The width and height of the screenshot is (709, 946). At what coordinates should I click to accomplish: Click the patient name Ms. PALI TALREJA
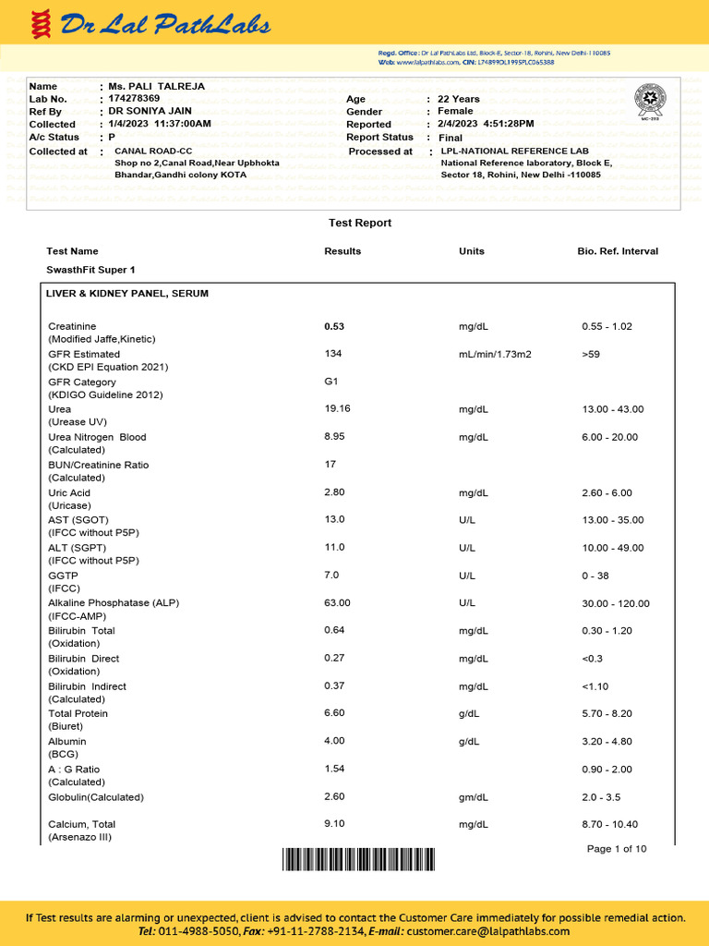click(x=156, y=86)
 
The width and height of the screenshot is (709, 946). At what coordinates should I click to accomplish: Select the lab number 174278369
click(x=134, y=98)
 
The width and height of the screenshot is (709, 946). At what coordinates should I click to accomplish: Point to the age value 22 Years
click(x=459, y=99)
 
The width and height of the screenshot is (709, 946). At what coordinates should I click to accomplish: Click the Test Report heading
click(x=360, y=223)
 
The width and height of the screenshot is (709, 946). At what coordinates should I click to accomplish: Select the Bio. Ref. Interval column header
click(x=618, y=251)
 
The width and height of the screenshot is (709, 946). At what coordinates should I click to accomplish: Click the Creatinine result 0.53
click(x=334, y=326)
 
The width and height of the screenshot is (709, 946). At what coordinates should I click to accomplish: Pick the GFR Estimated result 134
click(x=333, y=354)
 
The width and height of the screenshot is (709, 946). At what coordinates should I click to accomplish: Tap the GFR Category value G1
click(x=331, y=382)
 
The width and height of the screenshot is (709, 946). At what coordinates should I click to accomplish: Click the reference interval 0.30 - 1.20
click(x=607, y=631)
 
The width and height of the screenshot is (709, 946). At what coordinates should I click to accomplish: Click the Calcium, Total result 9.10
click(x=335, y=824)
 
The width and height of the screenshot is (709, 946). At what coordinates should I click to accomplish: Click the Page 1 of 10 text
click(x=617, y=849)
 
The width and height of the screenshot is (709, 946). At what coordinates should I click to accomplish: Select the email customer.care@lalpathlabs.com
click(x=486, y=932)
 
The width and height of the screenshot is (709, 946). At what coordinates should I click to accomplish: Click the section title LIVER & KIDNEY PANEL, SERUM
click(x=127, y=294)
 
